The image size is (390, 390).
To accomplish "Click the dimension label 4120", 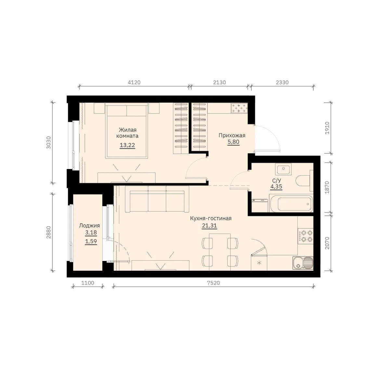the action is click(134, 82).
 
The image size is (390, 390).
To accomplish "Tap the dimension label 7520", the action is click(213, 283).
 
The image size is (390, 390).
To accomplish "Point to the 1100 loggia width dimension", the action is click(88, 283).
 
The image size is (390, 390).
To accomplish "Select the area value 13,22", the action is click(127, 145).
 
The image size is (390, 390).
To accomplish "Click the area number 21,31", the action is click(210, 226).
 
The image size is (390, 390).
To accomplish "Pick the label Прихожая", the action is click(232, 136).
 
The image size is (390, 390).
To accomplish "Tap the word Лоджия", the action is click(89, 226).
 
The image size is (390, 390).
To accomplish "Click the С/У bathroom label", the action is click(277, 180).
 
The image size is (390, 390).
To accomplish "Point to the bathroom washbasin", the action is click(283, 169).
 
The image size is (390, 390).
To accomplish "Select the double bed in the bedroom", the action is click(126, 131).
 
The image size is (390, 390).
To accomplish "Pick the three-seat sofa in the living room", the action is click(157, 199).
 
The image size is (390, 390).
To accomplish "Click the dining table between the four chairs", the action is click(220, 252).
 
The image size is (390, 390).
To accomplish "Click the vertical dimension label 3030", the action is click(49, 142).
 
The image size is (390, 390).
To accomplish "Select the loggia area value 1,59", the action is click(91, 241).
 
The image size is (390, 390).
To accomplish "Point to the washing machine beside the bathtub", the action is click(260, 206).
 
